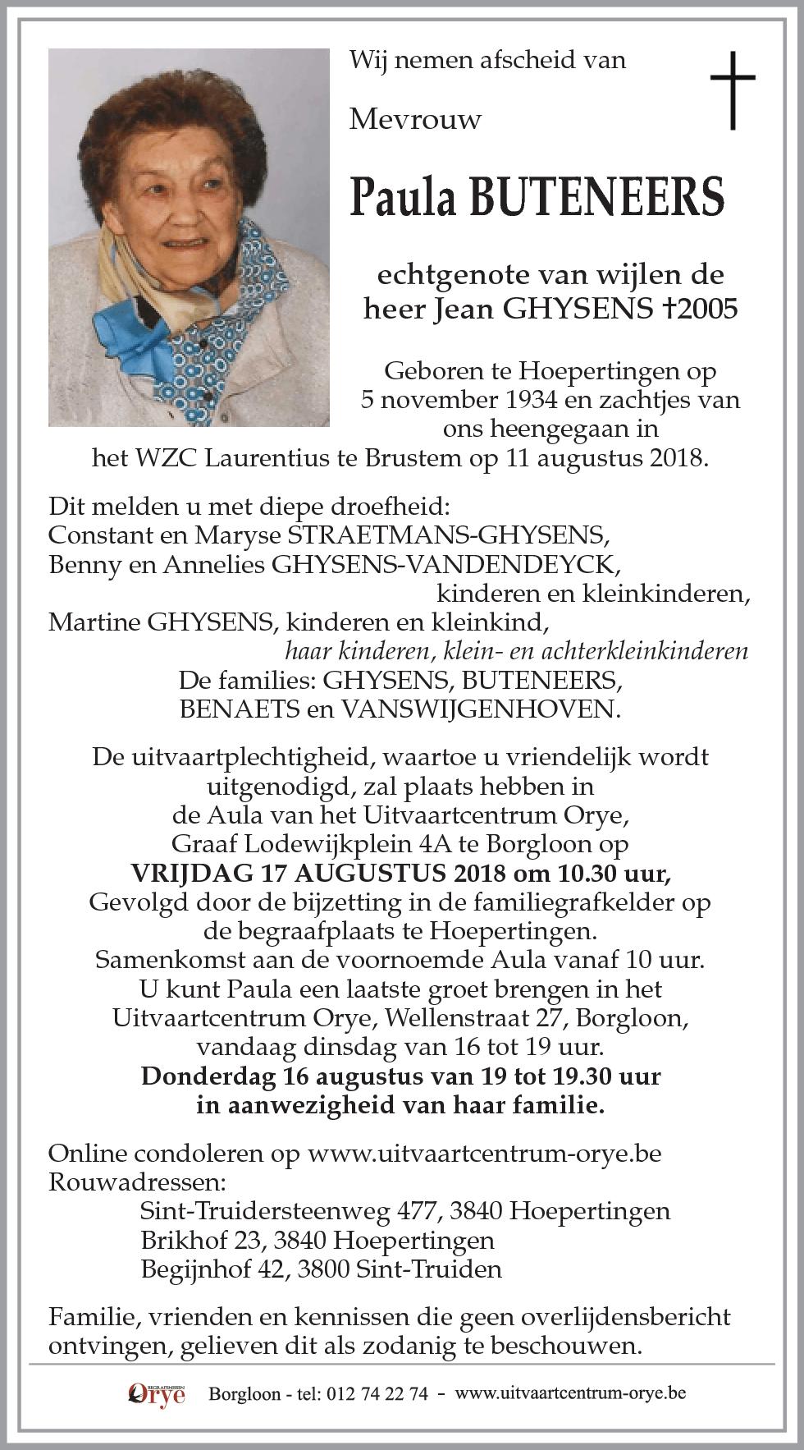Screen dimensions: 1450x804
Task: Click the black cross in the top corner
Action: [x=732, y=90]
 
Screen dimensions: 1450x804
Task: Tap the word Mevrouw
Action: [x=415, y=120]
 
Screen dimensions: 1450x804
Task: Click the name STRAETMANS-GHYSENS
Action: [x=446, y=535]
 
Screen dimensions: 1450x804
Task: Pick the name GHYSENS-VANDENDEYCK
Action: [x=445, y=565]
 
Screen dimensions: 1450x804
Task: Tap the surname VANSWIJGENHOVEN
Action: [x=480, y=709]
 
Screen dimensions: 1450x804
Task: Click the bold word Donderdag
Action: [x=208, y=1076]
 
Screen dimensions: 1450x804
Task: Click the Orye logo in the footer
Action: [x=157, y=1394]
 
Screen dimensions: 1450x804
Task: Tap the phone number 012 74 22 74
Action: [x=377, y=1394]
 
